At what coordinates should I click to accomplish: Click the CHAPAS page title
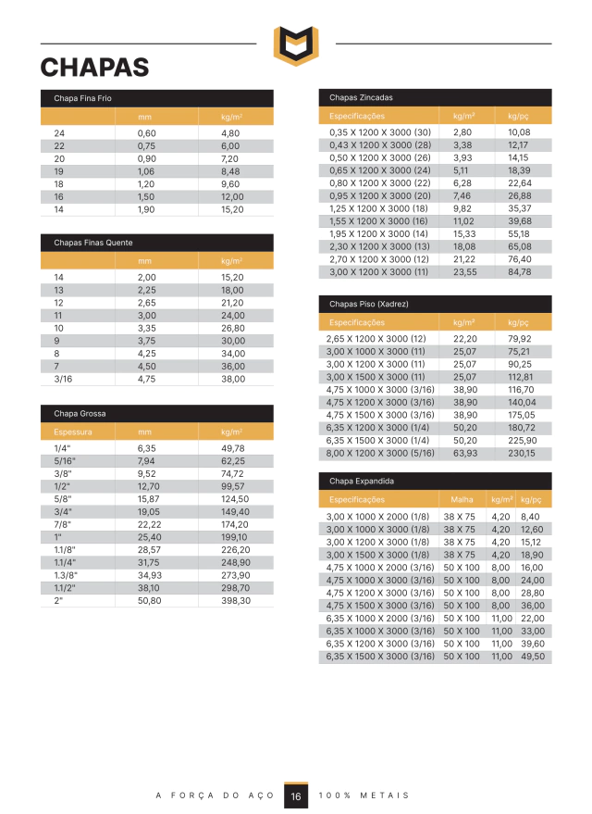(x=94, y=68)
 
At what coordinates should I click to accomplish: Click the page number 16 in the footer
(x=296, y=796)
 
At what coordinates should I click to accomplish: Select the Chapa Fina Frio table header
(x=83, y=98)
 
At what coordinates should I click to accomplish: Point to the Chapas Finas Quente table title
(x=93, y=243)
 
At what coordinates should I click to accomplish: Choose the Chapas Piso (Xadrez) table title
(x=369, y=304)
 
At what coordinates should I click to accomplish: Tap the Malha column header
(x=461, y=499)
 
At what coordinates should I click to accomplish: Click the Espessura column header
(x=70, y=432)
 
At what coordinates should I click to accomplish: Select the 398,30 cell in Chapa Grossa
(x=236, y=600)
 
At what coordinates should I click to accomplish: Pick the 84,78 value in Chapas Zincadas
(x=520, y=272)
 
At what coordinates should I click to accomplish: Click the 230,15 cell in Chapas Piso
(x=522, y=454)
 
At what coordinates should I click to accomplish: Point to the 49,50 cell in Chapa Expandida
(x=533, y=657)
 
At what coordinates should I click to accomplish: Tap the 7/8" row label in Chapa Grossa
(x=64, y=524)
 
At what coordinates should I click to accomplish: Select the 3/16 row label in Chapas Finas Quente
(x=63, y=379)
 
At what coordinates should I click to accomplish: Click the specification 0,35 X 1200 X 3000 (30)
(x=380, y=133)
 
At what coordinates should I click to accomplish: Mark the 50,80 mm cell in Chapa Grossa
(x=148, y=600)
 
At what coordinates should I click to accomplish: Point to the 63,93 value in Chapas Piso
(x=465, y=454)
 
